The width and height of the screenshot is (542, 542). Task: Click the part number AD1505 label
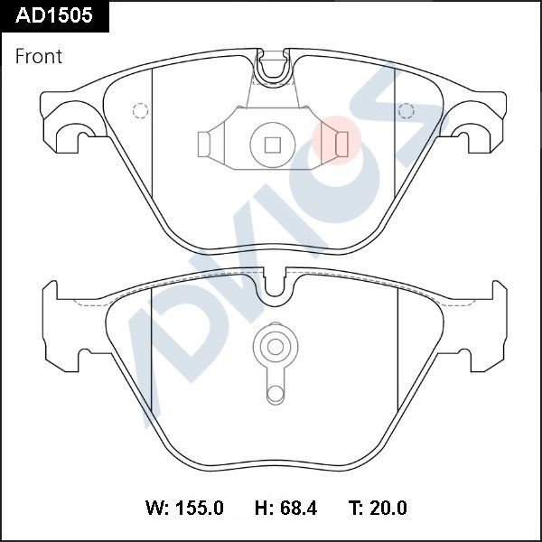pos(53,15)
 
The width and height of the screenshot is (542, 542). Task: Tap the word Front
pos(39,56)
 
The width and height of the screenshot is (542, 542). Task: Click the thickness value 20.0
pos(388,509)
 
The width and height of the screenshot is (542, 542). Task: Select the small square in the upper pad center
pos(271,143)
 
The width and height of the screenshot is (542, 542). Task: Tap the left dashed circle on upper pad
pos(140,111)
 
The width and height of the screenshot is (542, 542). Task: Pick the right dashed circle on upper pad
pos(406,111)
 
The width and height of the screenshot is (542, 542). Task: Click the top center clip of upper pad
pos(272,67)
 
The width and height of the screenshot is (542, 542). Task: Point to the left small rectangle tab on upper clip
pos(204,143)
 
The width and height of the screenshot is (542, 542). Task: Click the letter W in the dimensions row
pos(154,509)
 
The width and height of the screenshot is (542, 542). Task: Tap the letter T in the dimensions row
pos(357,509)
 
